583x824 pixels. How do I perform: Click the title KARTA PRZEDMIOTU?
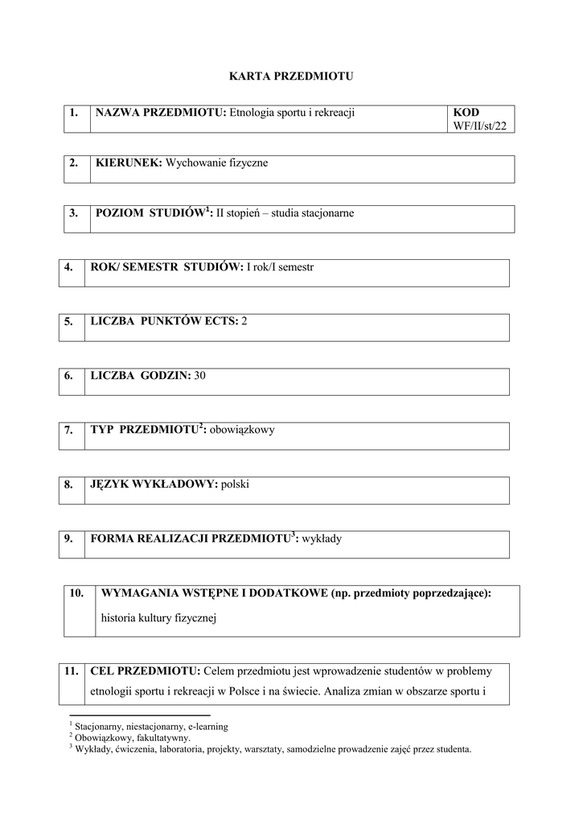[291, 76]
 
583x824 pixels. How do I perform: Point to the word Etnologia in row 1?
[253, 113]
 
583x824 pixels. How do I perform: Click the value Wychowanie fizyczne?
[216, 163]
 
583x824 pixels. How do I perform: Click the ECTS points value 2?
[244, 321]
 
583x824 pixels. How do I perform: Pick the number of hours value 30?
[200, 375]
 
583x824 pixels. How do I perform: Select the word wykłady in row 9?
[322, 538]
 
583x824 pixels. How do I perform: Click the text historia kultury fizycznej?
[160, 619]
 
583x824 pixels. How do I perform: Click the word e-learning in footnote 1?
[207, 726]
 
